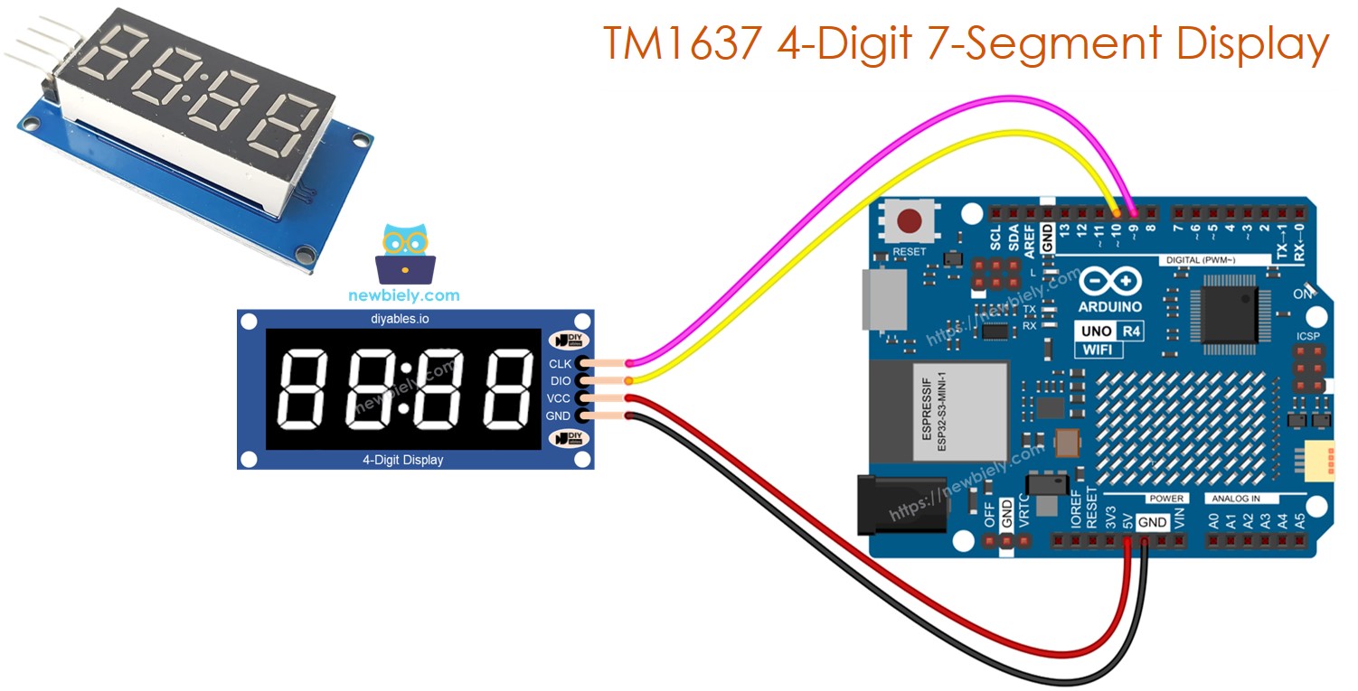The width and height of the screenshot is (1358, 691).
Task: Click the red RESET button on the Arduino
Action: point(909,220)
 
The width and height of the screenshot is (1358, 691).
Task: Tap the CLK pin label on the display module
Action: point(560,364)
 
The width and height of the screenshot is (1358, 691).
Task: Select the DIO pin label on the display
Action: point(560,381)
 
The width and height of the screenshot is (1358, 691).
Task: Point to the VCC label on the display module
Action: point(559,398)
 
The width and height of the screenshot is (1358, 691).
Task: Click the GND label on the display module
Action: point(558,416)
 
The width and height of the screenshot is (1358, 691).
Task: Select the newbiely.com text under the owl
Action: point(403,295)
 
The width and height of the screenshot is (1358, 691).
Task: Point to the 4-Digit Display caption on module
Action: point(403,460)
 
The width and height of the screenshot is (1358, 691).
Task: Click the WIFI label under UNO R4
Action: point(1099,350)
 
